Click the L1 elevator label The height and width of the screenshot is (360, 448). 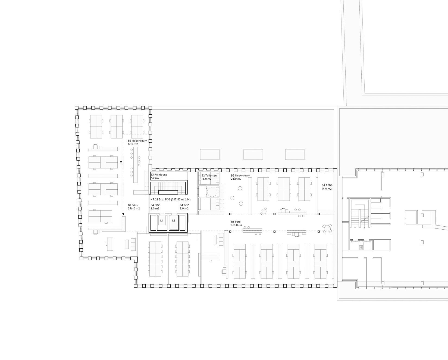161,220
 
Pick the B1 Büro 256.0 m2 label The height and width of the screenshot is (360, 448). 134,207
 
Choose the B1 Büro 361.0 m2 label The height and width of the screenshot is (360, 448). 237,223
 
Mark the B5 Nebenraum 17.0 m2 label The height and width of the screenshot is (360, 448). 137,142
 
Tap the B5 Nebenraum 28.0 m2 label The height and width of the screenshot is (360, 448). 240,177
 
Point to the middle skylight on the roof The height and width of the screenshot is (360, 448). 253,154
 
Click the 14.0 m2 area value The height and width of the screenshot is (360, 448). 327,189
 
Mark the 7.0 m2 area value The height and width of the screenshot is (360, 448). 155,178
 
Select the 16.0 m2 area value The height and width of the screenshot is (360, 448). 206,179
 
